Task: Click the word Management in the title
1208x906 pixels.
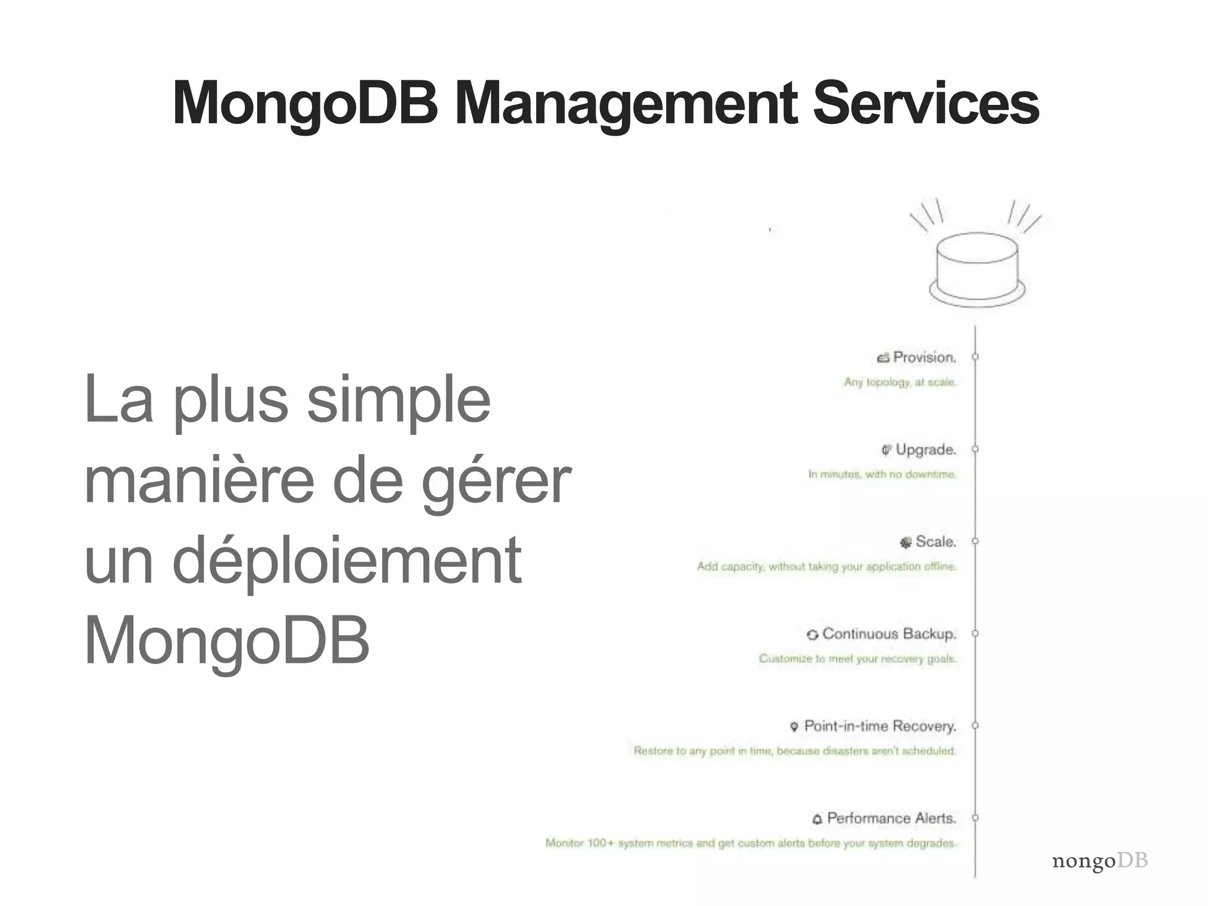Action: coord(626,104)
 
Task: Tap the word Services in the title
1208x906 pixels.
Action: coord(925,104)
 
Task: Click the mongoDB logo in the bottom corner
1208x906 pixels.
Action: coord(1099,861)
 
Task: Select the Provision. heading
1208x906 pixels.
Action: coord(924,357)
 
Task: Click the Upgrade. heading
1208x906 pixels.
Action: coord(925,450)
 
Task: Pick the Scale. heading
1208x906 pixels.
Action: coord(935,541)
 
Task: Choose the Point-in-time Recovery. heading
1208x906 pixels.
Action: coord(879,726)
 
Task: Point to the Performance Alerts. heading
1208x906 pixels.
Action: coord(891,818)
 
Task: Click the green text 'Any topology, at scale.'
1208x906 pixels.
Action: coord(900,382)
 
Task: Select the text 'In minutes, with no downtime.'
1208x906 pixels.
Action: coord(882,474)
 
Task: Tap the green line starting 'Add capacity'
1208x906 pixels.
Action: coord(826,566)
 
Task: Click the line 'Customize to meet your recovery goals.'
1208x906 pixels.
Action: coord(857,658)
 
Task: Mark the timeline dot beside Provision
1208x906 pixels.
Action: coord(975,357)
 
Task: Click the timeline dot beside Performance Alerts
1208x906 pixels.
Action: coord(975,818)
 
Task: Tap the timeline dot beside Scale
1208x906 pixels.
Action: coord(975,541)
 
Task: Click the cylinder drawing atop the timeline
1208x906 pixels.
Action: coord(977,268)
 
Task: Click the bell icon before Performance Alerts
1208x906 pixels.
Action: coord(817,819)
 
